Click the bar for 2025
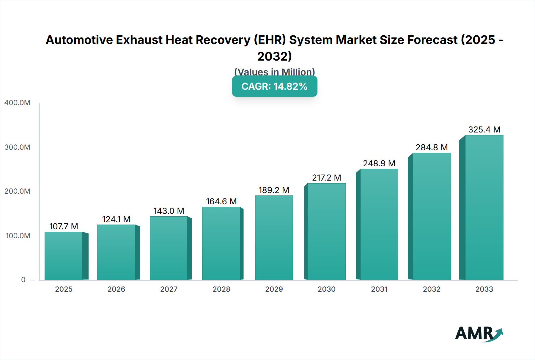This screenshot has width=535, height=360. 64,256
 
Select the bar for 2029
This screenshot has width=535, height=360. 274,238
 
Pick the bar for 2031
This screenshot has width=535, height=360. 379,224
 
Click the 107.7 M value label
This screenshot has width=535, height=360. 64,226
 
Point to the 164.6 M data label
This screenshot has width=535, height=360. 221,201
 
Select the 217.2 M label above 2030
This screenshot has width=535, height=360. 326,178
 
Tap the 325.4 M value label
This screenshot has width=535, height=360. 484,130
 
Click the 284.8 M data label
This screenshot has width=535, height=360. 432,147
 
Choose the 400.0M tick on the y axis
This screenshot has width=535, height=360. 17,103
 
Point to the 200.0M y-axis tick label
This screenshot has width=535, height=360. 17,191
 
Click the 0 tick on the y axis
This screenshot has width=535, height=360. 23,280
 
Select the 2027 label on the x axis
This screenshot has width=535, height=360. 169,289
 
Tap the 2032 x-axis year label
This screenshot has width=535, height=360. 432,289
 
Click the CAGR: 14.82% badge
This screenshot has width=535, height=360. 274,86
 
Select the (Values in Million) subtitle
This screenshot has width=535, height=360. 274,72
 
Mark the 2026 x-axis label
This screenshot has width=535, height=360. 116,289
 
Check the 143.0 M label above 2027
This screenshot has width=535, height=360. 169,211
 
